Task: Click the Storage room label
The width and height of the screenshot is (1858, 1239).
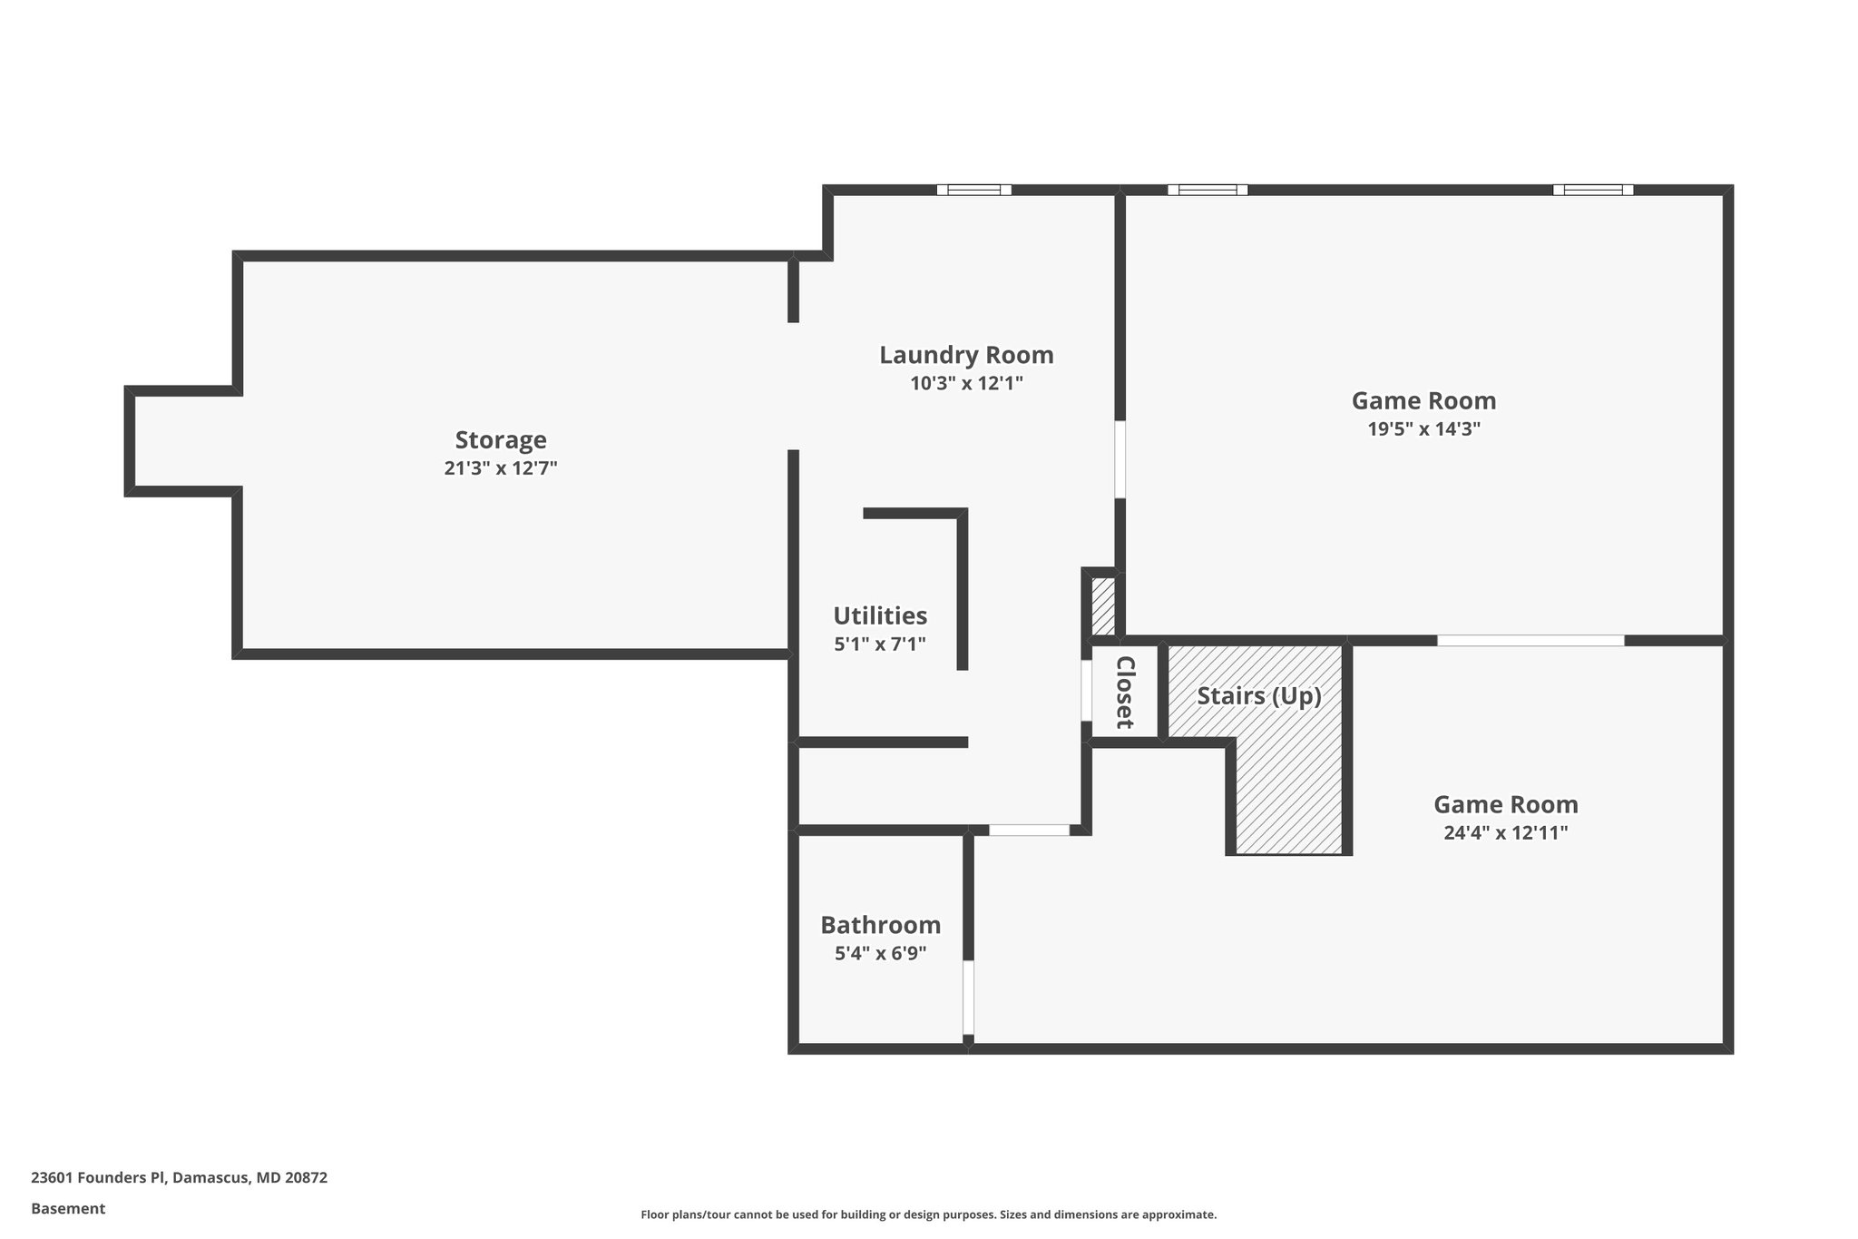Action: (x=501, y=440)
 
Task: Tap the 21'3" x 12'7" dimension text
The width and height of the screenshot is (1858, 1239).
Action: (x=501, y=468)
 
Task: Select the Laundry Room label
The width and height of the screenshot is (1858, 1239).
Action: (x=966, y=355)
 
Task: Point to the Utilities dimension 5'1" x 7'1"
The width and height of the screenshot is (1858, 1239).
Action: (x=880, y=644)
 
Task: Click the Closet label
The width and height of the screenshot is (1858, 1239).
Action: (x=1125, y=692)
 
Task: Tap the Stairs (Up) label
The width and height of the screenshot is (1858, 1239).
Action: (x=1258, y=696)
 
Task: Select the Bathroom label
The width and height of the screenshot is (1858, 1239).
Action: (x=880, y=925)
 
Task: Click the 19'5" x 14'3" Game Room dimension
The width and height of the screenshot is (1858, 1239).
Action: (x=1423, y=429)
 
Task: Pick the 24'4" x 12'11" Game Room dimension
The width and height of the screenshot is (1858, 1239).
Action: (x=1505, y=832)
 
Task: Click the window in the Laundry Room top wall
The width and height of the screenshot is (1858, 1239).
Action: (x=973, y=190)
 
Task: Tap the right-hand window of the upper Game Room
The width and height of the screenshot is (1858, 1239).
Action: (x=1592, y=190)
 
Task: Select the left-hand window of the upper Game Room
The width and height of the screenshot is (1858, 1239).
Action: (x=1207, y=190)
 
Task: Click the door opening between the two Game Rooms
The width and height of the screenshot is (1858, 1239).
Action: (x=1530, y=641)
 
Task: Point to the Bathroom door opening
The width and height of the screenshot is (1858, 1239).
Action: (x=968, y=997)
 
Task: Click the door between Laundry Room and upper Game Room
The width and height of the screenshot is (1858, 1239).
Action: (x=1120, y=458)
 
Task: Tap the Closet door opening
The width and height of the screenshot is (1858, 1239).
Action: (x=1086, y=691)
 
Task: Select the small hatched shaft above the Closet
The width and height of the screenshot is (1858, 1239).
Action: (x=1102, y=606)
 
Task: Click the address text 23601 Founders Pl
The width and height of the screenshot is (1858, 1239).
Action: (x=179, y=1178)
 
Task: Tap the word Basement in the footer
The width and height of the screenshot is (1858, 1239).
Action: (x=68, y=1208)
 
